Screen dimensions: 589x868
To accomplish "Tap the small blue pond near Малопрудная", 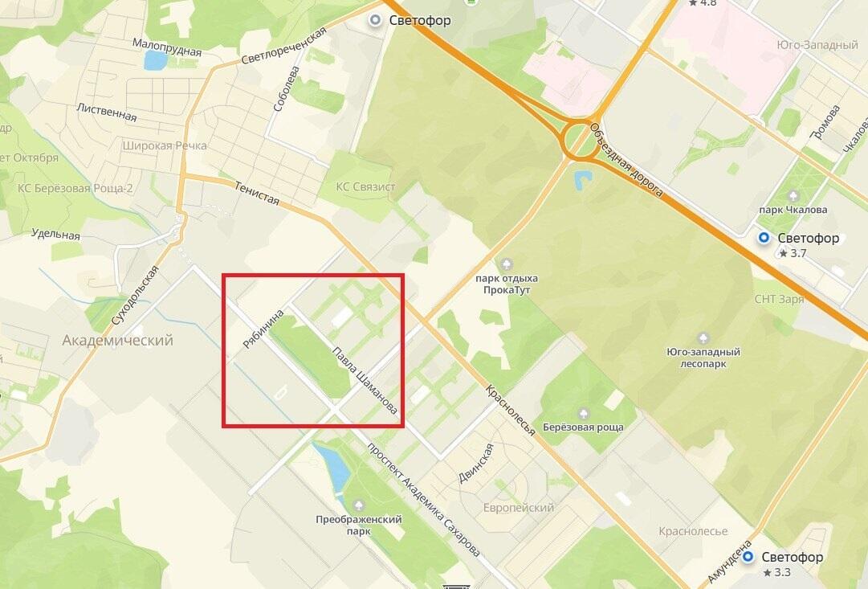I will pyautogui.click(x=155, y=59).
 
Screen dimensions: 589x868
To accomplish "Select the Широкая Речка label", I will pyautogui.click(x=165, y=145).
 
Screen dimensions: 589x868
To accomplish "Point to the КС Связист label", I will pyautogui.click(x=365, y=187).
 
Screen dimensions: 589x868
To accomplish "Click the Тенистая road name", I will pyautogui.click(x=258, y=193).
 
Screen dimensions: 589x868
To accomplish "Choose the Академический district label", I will pyautogui.click(x=118, y=341).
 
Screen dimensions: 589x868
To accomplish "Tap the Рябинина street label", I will pyautogui.click(x=263, y=329).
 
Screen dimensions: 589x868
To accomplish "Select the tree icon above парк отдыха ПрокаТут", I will pyautogui.click(x=506, y=264).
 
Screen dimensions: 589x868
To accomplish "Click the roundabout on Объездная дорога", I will pyautogui.click(x=580, y=139).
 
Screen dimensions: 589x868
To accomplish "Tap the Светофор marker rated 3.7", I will pyautogui.click(x=764, y=238).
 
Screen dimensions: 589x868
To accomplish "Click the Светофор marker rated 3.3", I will pyautogui.click(x=748, y=558).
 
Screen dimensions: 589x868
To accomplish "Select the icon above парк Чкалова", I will pyautogui.click(x=793, y=195).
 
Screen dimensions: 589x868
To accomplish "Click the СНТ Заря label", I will pyautogui.click(x=779, y=299).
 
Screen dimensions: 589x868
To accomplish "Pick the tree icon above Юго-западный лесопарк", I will pyautogui.click(x=703, y=337).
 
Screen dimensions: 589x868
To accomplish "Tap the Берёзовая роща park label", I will pyautogui.click(x=583, y=427).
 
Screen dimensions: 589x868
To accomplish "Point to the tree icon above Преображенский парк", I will pyautogui.click(x=359, y=505).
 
